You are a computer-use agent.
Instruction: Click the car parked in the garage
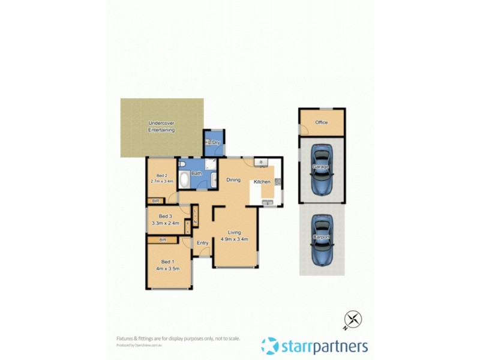[322, 169]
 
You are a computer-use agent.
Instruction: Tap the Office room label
[321, 122]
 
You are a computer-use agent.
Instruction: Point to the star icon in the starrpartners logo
[270, 346]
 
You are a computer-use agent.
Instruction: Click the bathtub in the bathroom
[184, 178]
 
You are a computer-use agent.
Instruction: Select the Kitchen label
[262, 181]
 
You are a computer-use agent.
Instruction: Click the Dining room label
[233, 179]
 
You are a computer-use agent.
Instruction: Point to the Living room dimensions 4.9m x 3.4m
[233, 239]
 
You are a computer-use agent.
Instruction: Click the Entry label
[203, 243]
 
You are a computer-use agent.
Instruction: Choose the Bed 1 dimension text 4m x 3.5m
[167, 268]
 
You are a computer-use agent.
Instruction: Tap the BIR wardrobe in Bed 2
[155, 201]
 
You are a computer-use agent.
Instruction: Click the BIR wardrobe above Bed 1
[162, 240]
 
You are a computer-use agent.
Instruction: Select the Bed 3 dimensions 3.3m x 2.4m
[166, 223]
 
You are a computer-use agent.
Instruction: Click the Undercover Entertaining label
[162, 127]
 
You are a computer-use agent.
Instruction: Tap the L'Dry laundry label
[214, 142]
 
